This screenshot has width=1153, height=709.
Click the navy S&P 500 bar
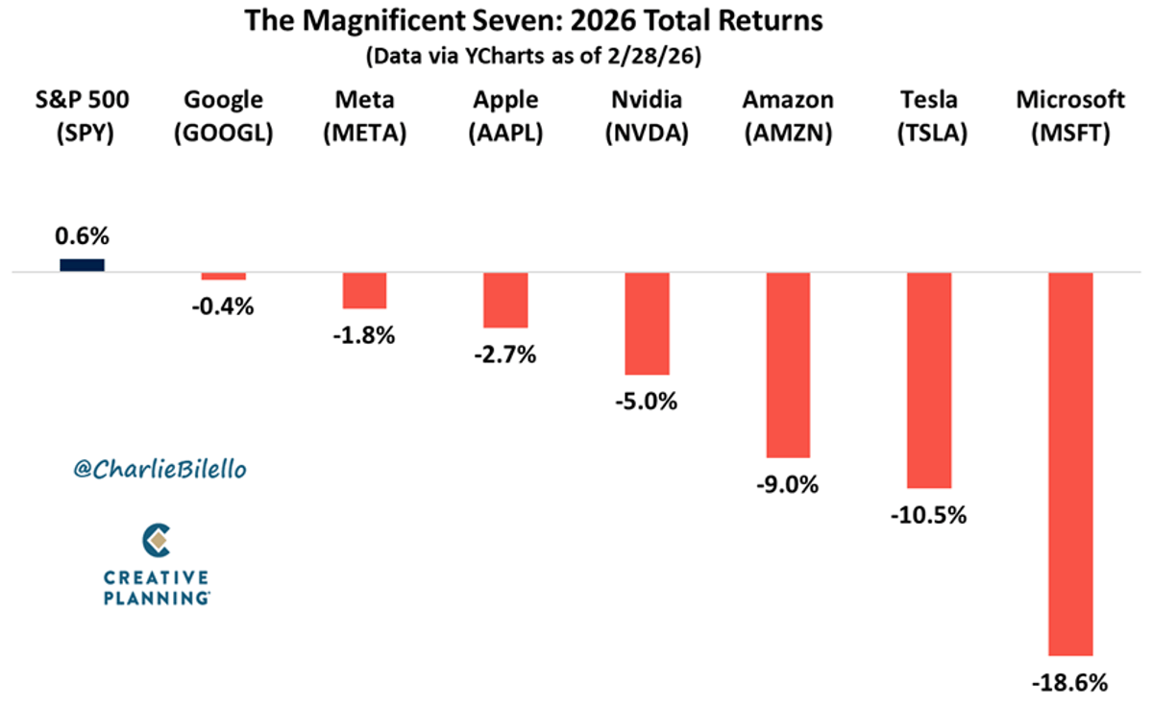coord(82,265)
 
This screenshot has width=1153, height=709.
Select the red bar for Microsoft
coord(1070,463)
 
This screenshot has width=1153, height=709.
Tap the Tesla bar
coord(929,380)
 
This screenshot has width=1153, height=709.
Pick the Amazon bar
coord(788,365)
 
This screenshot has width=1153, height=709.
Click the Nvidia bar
coord(647,323)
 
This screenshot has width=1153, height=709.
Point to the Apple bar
coord(505,300)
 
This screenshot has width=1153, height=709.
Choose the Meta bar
coord(364,290)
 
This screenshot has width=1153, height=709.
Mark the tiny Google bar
coord(223,277)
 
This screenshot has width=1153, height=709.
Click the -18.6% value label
coord(1070,684)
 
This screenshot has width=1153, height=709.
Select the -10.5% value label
coord(929,515)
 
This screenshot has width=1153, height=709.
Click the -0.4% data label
coord(223,307)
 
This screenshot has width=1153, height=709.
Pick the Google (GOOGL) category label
coord(223,117)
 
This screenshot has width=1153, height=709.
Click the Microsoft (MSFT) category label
coord(1070,117)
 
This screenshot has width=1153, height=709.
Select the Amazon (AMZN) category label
coord(788,117)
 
